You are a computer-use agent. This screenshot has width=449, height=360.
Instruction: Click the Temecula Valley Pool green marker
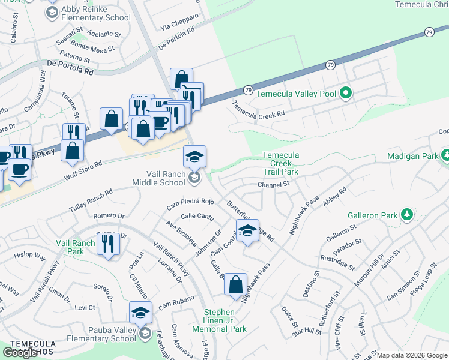coord(345,94)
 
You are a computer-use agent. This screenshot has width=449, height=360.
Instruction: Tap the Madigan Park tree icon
coord(445,156)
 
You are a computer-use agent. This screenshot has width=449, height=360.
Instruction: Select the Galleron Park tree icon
coord(407,214)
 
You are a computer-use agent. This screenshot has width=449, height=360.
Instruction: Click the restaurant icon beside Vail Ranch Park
coord(108,244)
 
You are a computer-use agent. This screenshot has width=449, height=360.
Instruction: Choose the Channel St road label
coord(274,185)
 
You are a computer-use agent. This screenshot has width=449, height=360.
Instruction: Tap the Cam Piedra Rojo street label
coord(191,203)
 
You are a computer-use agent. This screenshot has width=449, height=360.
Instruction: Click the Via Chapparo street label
coord(179,22)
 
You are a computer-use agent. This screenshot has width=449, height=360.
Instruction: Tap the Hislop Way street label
coord(31,256)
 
